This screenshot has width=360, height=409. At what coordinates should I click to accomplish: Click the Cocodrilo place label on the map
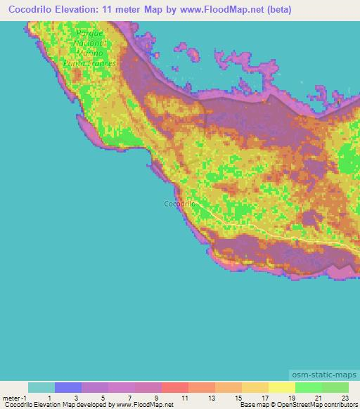pyautogui.click(x=179, y=204)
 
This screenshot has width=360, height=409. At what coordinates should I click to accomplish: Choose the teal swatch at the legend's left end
pyautogui.click(x=41, y=387)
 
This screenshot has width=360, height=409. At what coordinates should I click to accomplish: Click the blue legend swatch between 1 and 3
pyautogui.click(x=68, y=387)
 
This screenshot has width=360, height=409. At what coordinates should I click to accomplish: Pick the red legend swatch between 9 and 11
pyautogui.click(x=175, y=387)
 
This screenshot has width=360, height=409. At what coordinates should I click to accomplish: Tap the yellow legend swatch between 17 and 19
pyautogui.click(x=282, y=387)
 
